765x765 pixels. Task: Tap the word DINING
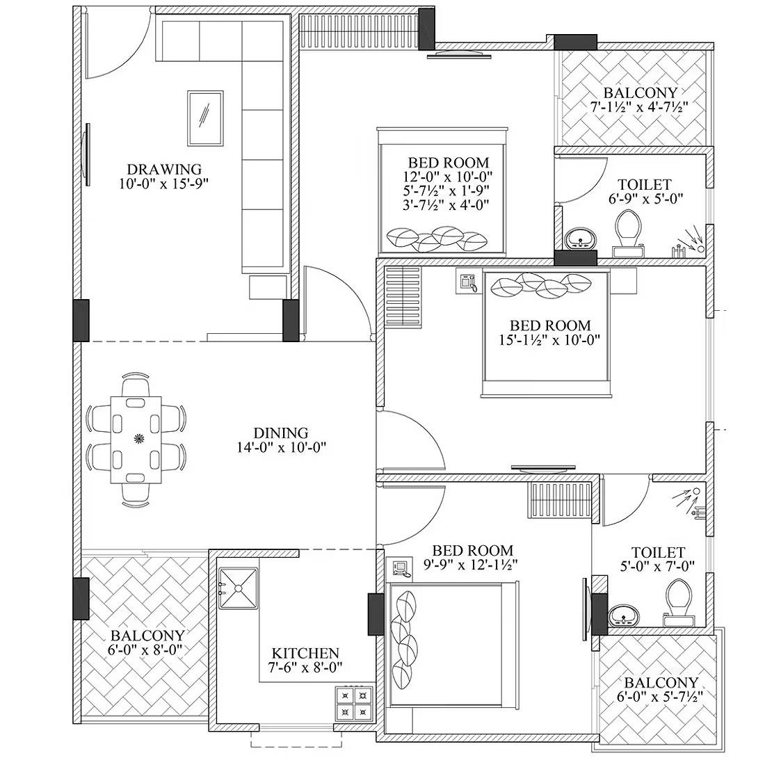[280, 433]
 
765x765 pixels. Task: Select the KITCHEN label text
[305, 653]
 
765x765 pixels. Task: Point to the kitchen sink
[237, 588]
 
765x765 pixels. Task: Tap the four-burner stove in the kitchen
[354, 703]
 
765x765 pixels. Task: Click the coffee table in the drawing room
[205, 118]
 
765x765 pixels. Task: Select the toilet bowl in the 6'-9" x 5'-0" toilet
[630, 230]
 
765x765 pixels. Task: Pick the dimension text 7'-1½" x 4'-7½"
[639, 107]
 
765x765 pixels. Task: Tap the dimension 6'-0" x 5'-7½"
[660, 697]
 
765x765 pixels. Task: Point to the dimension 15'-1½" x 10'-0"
[549, 339]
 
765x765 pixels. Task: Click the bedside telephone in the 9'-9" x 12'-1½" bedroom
[400, 568]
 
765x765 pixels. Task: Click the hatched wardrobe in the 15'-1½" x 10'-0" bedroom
[403, 297]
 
